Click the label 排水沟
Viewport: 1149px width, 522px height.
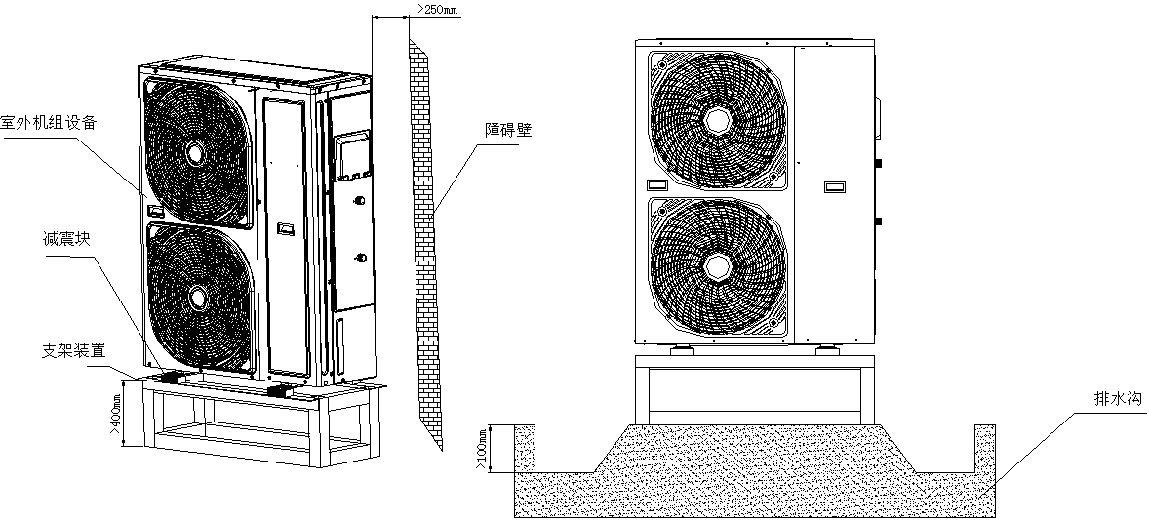1117,399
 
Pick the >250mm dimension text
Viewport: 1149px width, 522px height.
437,10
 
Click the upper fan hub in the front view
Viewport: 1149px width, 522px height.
719,118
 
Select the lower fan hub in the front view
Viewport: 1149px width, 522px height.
719,266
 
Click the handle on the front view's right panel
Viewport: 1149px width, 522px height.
836,185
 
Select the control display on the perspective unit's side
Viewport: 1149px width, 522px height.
351,156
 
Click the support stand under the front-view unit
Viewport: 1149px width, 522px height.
749,390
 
